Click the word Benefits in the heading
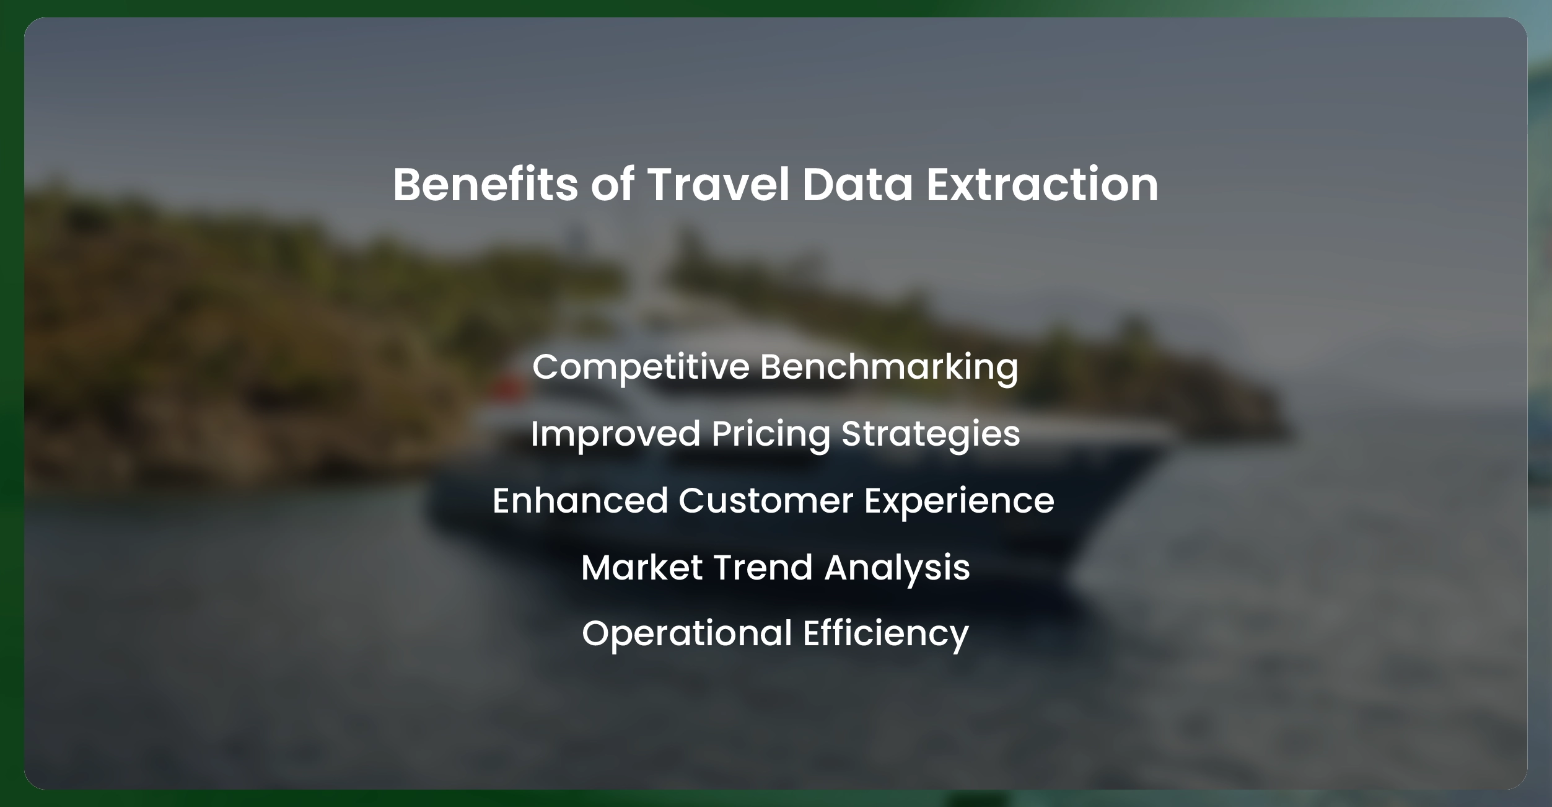click(x=485, y=184)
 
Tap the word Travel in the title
click(x=718, y=184)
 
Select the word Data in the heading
click(x=857, y=184)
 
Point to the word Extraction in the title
click(x=1042, y=184)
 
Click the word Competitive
click(x=641, y=367)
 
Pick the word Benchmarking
click(x=889, y=367)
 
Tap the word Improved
click(x=615, y=434)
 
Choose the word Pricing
click(x=771, y=434)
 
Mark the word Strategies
click(x=931, y=434)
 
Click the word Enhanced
click(x=580, y=501)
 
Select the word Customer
click(x=766, y=501)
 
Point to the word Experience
click(x=959, y=501)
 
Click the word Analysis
click(x=897, y=567)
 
